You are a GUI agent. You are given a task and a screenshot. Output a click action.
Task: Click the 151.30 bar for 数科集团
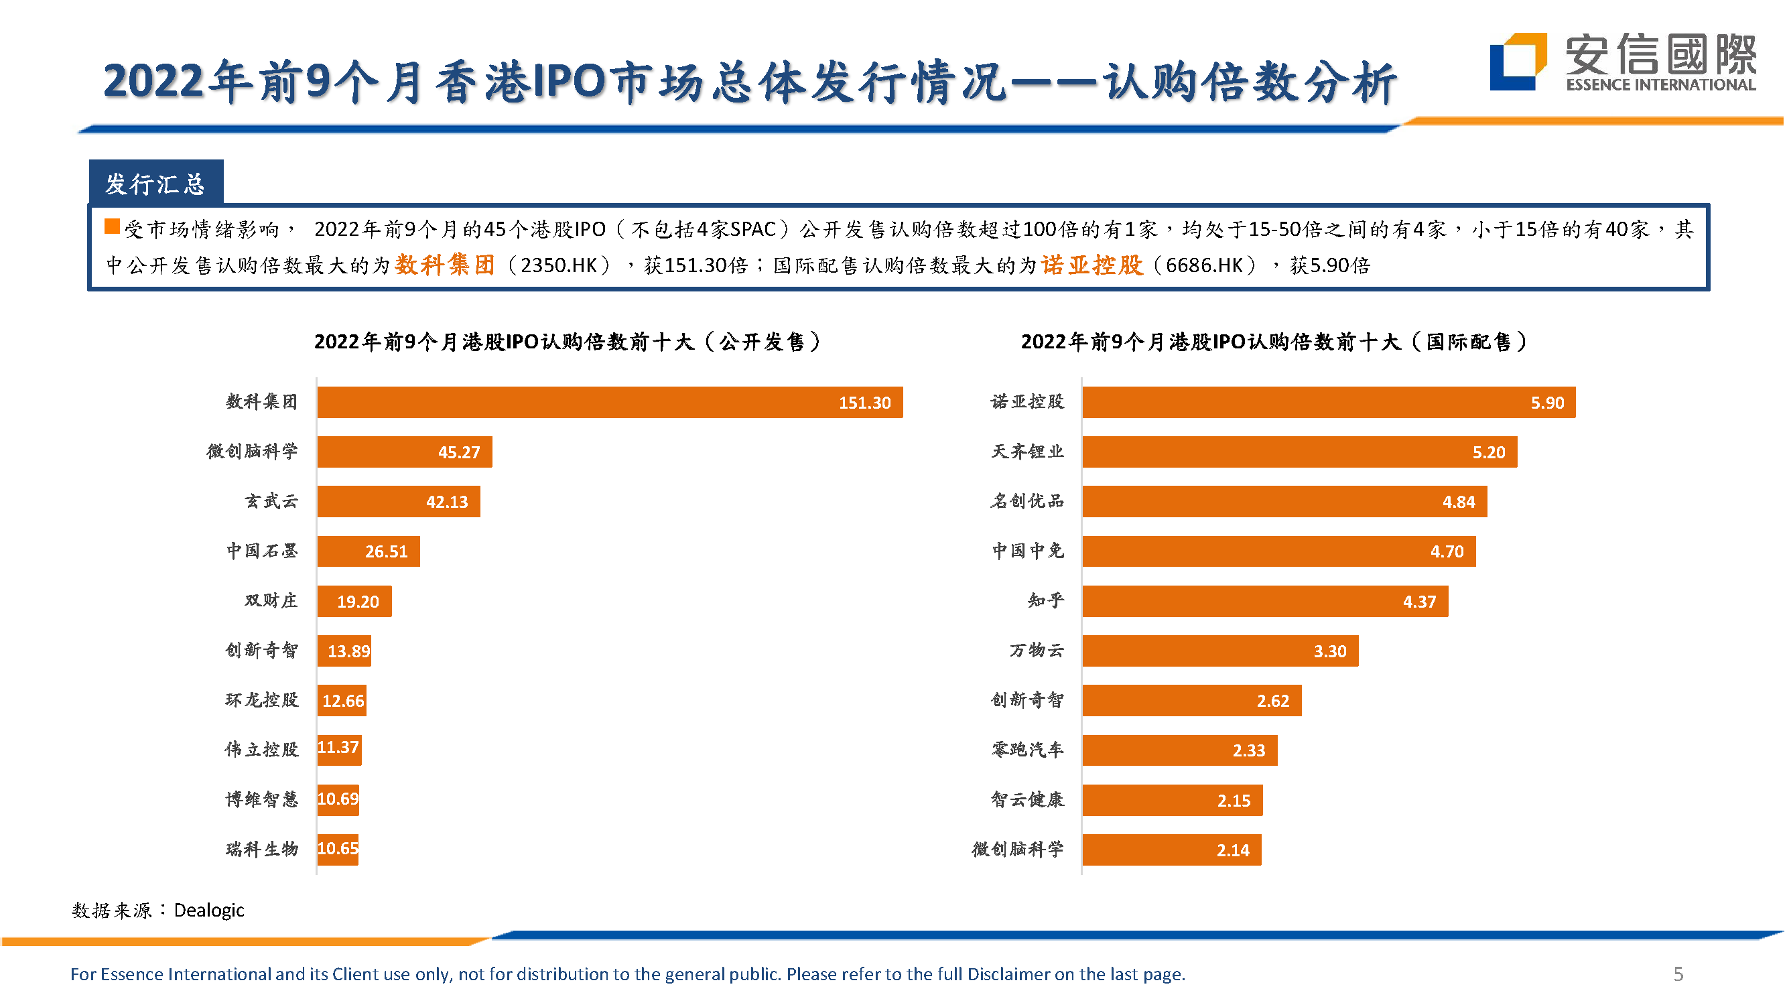610,403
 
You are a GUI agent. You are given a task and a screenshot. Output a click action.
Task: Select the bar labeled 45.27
405,453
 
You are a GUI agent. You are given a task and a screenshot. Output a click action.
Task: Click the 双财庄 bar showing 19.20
354,602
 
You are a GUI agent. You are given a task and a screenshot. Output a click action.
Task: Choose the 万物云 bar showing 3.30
1221,652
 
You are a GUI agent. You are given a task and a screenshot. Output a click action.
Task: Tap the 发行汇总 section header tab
156,184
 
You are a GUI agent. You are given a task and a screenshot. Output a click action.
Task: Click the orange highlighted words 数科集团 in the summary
446,265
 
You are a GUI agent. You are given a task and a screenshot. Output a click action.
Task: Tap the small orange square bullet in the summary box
112,227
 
